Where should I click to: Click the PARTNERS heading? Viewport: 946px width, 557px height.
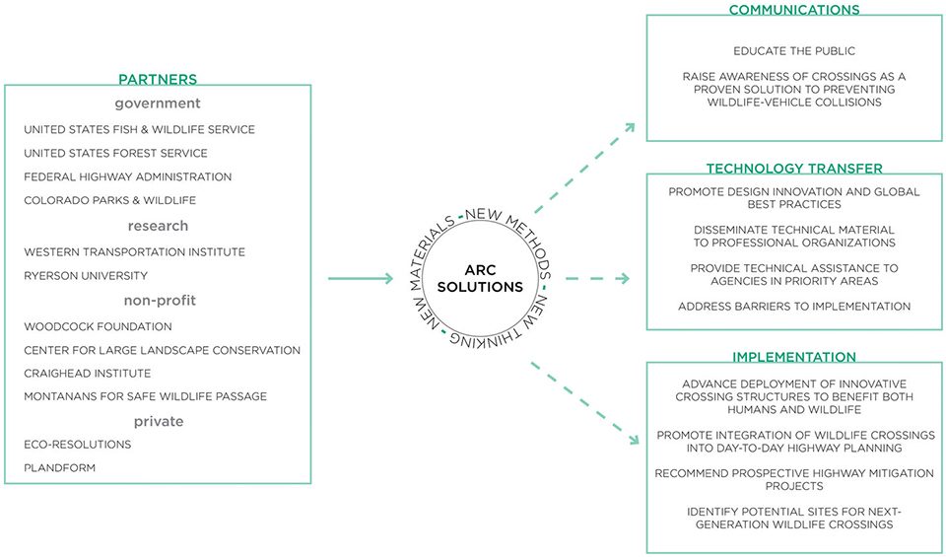pyautogui.click(x=158, y=79)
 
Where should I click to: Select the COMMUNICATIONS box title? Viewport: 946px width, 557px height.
pyautogui.click(x=794, y=10)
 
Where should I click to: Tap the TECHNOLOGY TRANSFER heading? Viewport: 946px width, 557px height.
pyautogui.click(x=794, y=169)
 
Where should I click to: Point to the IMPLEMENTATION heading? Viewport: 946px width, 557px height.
pyautogui.click(x=794, y=357)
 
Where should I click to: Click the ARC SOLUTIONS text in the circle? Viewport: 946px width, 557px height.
pyautogui.click(x=480, y=279)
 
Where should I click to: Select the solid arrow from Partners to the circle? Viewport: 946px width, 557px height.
pyautogui.click(x=361, y=278)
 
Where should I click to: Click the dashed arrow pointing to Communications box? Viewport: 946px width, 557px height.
pyautogui.click(x=584, y=168)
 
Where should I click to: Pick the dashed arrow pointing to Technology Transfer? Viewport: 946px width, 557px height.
pyautogui.click(x=597, y=278)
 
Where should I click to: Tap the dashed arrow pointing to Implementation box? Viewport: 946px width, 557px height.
pyautogui.click(x=584, y=403)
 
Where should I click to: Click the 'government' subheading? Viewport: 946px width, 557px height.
pyautogui.click(x=158, y=104)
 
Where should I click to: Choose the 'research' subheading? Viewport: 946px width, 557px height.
pyautogui.click(x=158, y=226)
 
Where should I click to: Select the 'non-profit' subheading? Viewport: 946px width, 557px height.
pyautogui.click(x=160, y=301)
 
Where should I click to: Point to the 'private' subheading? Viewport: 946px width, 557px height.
pyautogui.click(x=159, y=421)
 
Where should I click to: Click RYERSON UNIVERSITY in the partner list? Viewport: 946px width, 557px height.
pyautogui.click(x=86, y=276)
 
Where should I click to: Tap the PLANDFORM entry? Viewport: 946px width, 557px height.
pyautogui.click(x=60, y=467)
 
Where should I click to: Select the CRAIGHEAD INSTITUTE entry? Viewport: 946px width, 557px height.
pyautogui.click(x=88, y=374)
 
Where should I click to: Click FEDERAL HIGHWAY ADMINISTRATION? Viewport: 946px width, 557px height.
pyautogui.click(x=128, y=176)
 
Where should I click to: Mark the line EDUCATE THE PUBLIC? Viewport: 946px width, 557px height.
pyautogui.click(x=794, y=51)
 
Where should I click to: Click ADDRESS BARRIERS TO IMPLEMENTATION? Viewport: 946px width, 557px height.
pyautogui.click(x=794, y=307)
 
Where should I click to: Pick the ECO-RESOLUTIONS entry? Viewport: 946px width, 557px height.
pyautogui.click(x=78, y=445)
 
